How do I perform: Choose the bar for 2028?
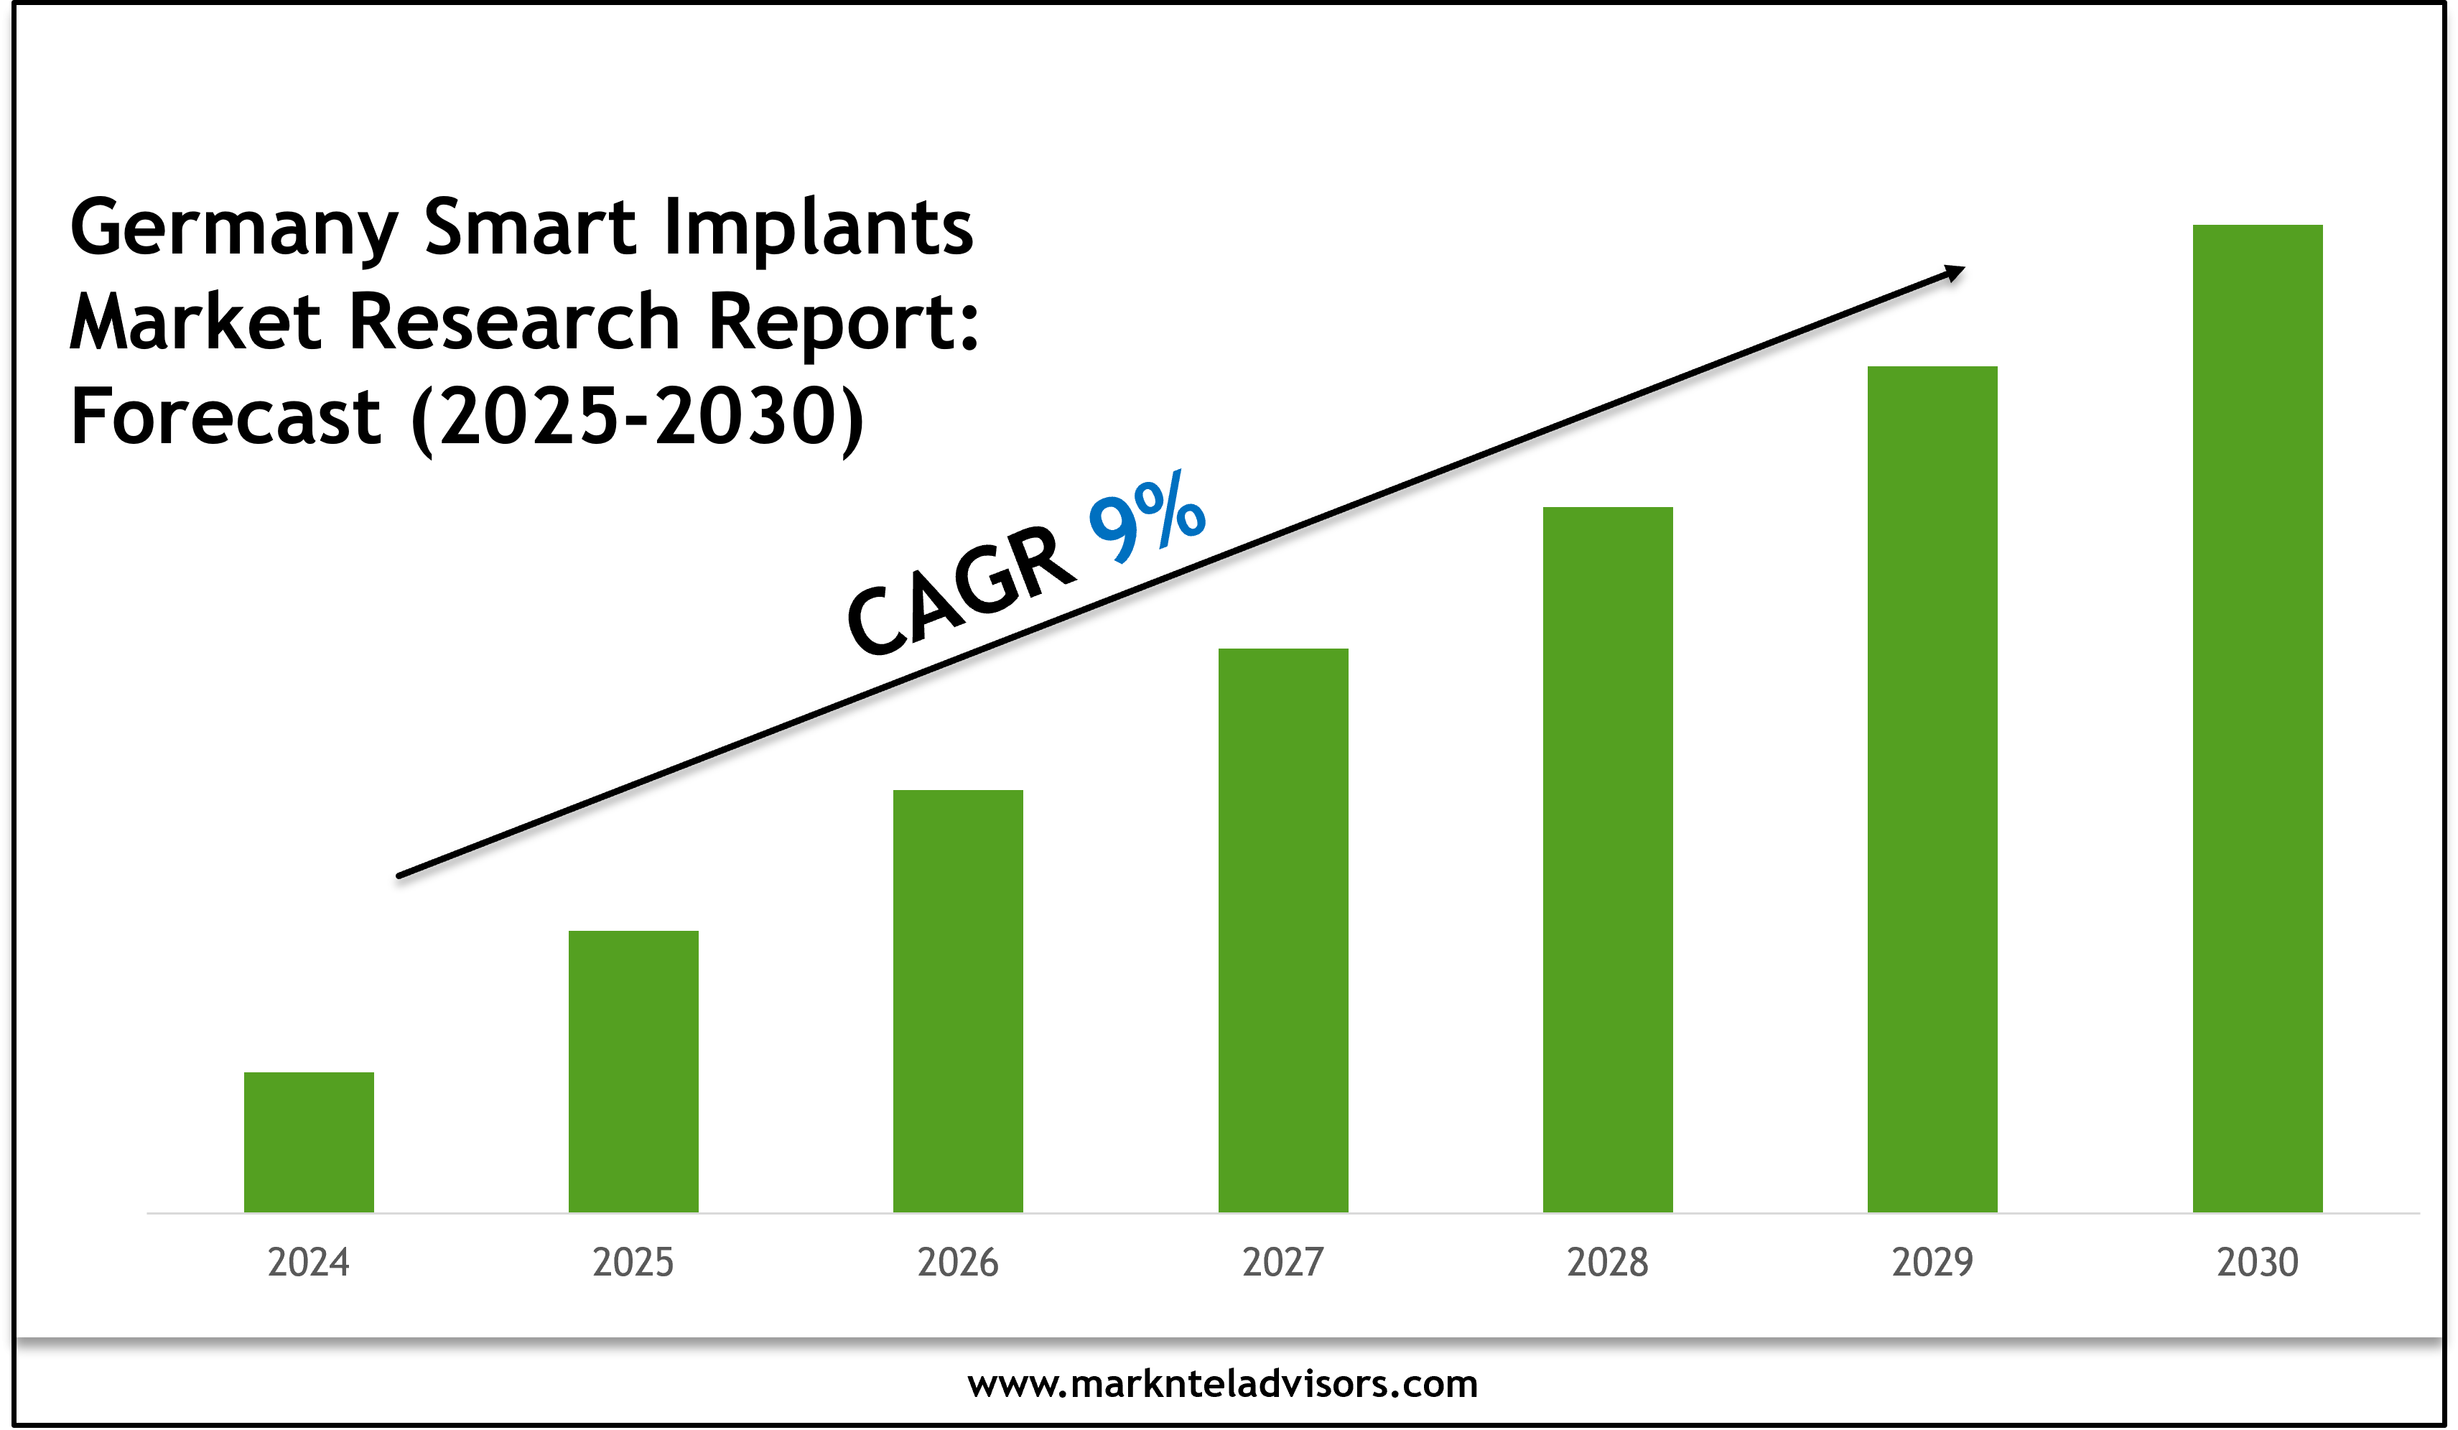click(1608, 860)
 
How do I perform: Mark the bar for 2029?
click(1932, 789)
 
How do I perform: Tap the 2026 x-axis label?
click(958, 1262)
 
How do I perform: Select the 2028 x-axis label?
click(1608, 1262)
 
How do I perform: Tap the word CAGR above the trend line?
click(962, 591)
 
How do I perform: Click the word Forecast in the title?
click(225, 417)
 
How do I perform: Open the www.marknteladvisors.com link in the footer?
click(1222, 1384)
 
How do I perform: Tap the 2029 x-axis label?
click(1932, 1262)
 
